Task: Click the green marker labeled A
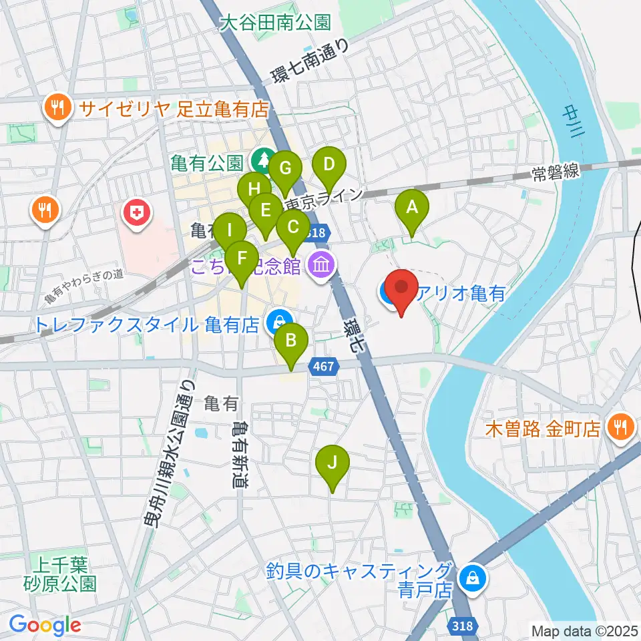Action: pyautogui.click(x=412, y=208)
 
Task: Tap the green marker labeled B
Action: pyautogui.click(x=291, y=341)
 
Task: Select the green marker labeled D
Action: pyautogui.click(x=329, y=164)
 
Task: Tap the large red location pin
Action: pyautogui.click(x=402, y=288)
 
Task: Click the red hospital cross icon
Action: pyautogui.click(x=136, y=214)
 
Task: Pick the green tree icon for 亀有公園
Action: pyautogui.click(x=261, y=161)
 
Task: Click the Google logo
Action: pyautogui.click(x=45, y=625)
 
